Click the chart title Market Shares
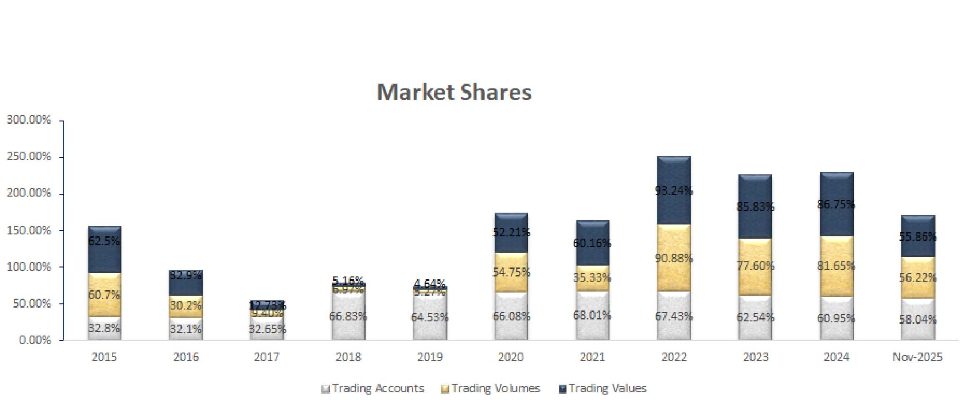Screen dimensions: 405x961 [x=454, y=92]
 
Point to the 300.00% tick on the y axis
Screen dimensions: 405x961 [x=29, y=120]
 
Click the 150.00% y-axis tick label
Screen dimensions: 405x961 [x=29, y=231]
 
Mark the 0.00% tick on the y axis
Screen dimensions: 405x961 [x=35, y=340]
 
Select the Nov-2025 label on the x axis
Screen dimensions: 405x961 [x=917, y=357]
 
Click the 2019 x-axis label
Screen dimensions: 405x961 [x=429, y=357]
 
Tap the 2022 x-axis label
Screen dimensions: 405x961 [x=674, y=357]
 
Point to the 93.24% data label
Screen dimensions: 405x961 [x=674, y=191]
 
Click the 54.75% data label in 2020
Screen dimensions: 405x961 [x=511, y=272]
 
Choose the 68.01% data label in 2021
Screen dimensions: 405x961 [x=592, y=315]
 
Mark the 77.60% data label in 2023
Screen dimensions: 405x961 [x=755, y=266]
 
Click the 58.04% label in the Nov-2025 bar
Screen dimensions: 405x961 [x=917, y=320]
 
